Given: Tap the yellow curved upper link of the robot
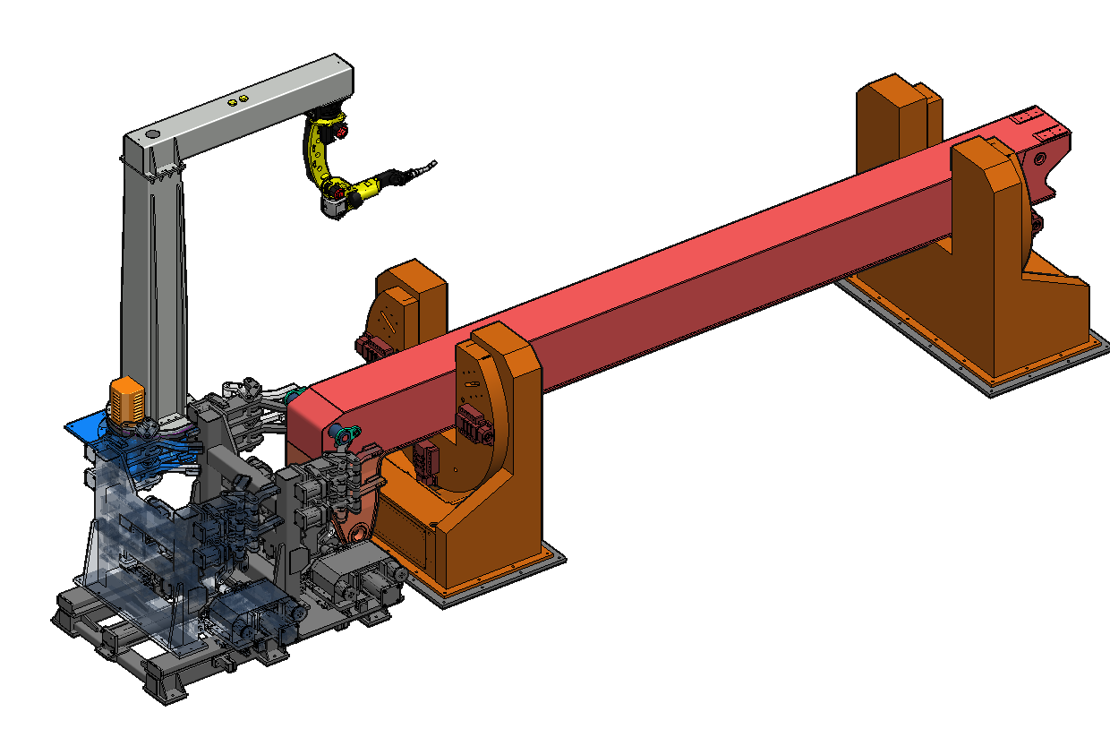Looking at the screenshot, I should coord(315,152).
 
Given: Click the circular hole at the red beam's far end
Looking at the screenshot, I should coord(1040,158).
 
